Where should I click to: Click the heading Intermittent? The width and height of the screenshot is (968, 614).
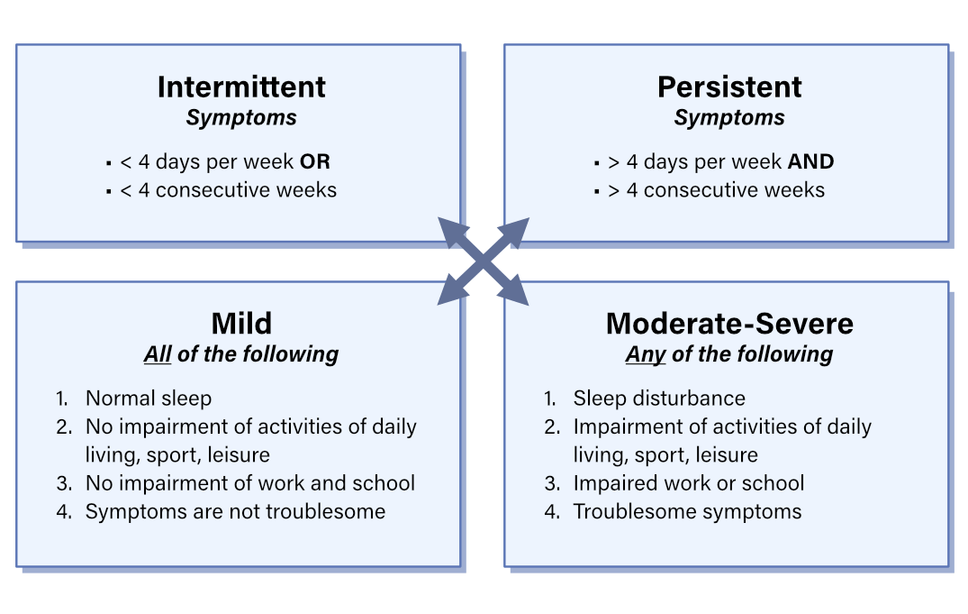(241, 87)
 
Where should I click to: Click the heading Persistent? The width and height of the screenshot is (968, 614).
(729, 87)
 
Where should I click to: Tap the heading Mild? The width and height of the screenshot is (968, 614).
(241, 323)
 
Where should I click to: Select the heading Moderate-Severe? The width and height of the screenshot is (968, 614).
(729, 323)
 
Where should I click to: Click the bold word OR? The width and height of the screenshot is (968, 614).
(315, 162)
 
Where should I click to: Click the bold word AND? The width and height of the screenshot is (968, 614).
(810, 162)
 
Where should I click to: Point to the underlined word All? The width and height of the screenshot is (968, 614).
(158, 354)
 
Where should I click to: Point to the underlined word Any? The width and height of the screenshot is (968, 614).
(645, 354)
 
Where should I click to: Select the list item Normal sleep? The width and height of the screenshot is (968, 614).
(148, 398)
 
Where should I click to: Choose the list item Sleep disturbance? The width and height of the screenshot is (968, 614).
(659, 398)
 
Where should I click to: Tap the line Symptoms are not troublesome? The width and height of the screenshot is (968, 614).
(235, 511)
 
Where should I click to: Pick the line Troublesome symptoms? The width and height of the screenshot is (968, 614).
(687, 511)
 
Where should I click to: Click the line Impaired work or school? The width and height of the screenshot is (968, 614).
(689, 483)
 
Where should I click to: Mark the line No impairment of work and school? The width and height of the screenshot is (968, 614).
(250, 483)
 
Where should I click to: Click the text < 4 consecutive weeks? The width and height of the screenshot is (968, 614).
(228, 190)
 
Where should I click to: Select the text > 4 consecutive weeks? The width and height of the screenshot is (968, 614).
(716, 190)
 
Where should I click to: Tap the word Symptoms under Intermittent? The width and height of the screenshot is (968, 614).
(241, 118)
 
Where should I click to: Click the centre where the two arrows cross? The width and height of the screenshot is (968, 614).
(483, 261)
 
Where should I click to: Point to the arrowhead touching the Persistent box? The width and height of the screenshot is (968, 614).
(515, 229)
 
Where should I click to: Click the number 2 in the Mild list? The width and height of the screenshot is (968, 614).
(62, 426)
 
